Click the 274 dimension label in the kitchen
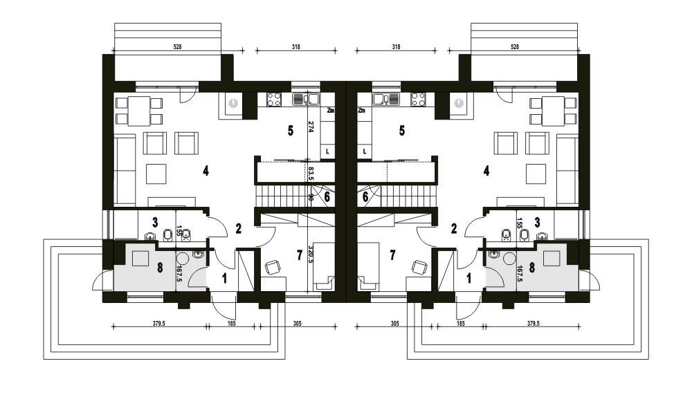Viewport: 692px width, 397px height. [311, 127]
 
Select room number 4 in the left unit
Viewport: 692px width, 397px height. [206, 171]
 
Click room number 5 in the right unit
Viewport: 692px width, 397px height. [401, 131]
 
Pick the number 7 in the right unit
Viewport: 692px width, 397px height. [392, 255]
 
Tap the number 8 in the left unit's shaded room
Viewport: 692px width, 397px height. [160, 267]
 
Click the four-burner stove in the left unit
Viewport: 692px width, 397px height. [274, 100]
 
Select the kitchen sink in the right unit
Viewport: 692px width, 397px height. [386, 100]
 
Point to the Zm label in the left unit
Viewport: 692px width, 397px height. [331, 111]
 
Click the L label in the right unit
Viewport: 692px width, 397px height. [365, 151]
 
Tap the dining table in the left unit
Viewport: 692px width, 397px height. [139, 111]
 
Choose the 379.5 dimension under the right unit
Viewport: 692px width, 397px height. [533, 323]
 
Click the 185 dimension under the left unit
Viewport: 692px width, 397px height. [231, 323]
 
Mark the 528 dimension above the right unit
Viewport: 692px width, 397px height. [515, 47]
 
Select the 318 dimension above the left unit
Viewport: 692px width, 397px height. [295, 47]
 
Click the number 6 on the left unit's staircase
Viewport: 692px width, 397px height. [327, 196]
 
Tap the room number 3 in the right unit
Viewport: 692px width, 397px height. [537, 223]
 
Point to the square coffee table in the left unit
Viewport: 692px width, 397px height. [156, 174]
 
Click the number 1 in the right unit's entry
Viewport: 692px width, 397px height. [468, 278]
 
